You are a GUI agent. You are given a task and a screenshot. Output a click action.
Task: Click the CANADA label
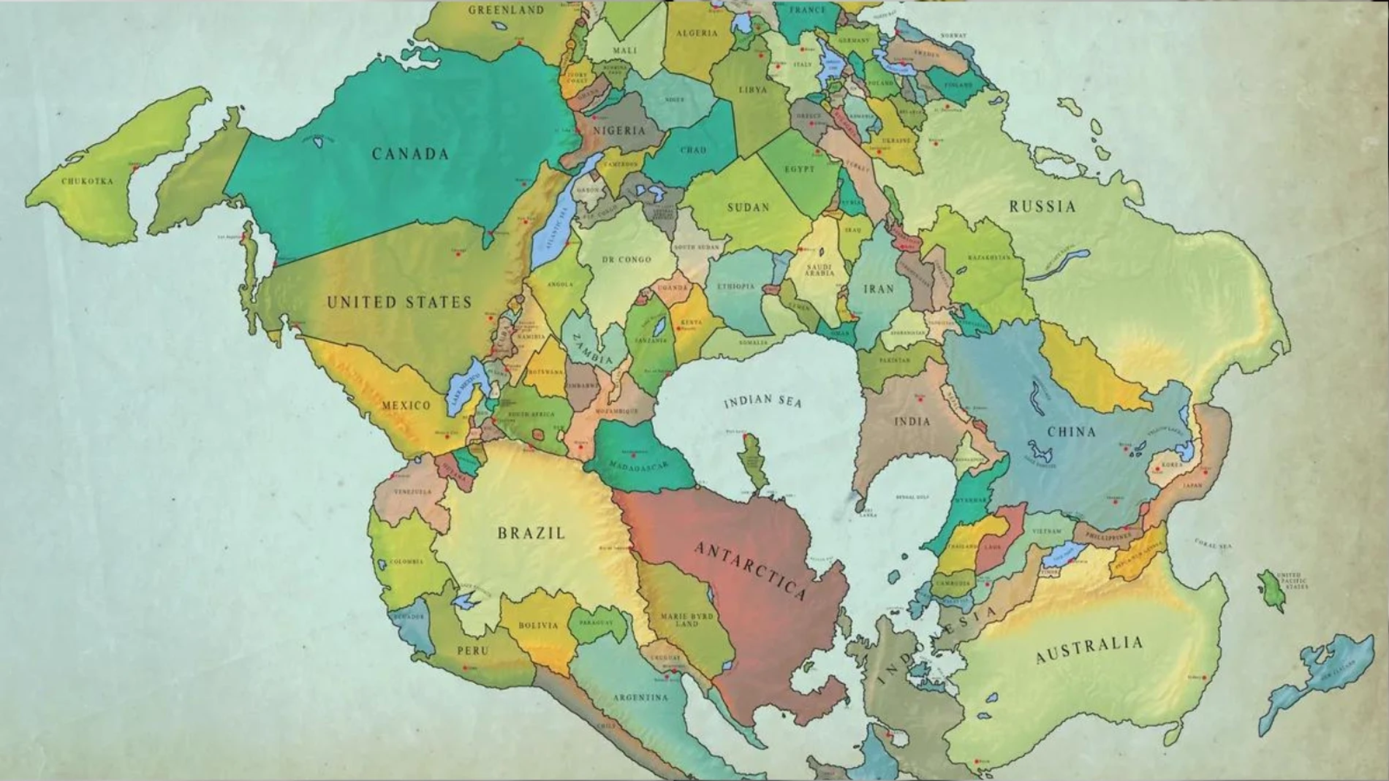click(410, 153)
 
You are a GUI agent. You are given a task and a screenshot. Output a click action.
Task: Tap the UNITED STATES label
click(399, 302)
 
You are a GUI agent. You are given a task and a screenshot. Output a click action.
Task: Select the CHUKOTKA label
click(87, 181)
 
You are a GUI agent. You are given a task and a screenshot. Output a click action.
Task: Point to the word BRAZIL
click(531, 533)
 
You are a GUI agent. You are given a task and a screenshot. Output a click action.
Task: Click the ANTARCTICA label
click(750, 571)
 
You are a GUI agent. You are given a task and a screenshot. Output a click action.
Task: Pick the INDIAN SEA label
click(762, 401)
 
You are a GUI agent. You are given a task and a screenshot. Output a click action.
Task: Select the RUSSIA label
click(1042, 206)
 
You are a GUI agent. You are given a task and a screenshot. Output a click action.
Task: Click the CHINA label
click(1071, 432)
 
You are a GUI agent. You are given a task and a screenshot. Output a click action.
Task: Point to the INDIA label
click(912, 422)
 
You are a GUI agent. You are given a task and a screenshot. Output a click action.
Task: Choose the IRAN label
click(879, 289)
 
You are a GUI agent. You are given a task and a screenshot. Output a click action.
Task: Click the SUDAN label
click(748, 207)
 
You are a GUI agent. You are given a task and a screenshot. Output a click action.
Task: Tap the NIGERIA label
click(619, 130)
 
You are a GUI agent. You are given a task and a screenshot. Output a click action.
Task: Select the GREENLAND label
click(506, 10)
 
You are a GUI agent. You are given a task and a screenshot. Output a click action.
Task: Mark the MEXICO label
click(406, 405)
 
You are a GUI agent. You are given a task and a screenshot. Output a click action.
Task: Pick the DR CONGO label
click(626, 259)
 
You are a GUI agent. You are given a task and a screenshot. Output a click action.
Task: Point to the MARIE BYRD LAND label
click(686, 620)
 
